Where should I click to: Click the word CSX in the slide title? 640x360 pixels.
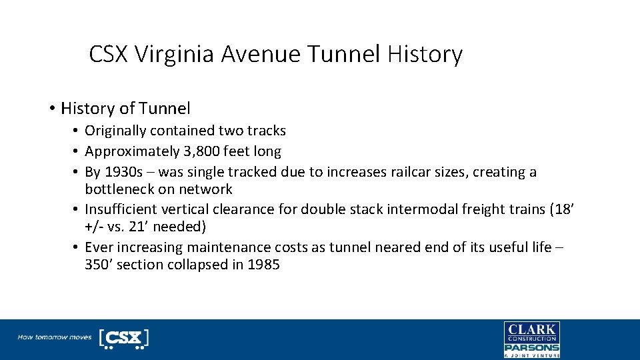coord(109,54)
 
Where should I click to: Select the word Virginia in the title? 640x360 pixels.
coord(176,54)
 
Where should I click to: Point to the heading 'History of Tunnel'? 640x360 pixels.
coord(125,108)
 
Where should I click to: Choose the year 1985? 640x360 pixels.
coord(263,265)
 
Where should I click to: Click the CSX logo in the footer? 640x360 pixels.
coord(124,338)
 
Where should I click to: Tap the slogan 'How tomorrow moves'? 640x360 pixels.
coord(55,337)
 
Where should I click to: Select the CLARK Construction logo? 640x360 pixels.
coord(531,332)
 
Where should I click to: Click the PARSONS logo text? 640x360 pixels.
coord(531,347)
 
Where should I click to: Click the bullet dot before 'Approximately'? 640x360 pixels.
coord(77,151)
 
